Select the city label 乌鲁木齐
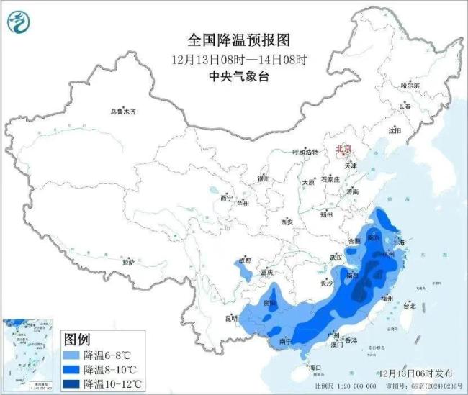pyautogui.click(x=123, y=112)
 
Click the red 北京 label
pyautogui.click(x=343, y=149)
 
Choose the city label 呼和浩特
pyautogui.click(x=305, y=152)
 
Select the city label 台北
pyautogui.click(x=409, y=305)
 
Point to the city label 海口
pyautogui.click(x=315, y=367)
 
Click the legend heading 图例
pyautogui.click(x=78, y=338)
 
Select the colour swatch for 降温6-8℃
pyautogui.click(x=71, y=355)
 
